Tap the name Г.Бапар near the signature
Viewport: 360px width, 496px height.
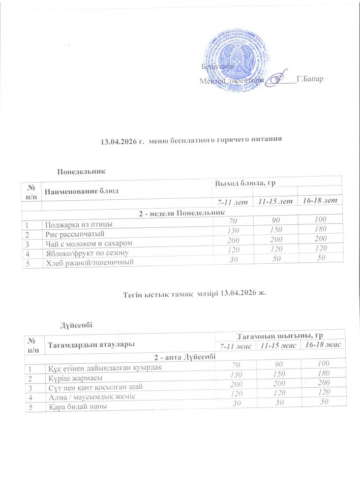310,79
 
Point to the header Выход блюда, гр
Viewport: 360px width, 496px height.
239,183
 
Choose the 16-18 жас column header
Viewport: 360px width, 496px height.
323,345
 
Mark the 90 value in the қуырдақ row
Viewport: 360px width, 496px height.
277,365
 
